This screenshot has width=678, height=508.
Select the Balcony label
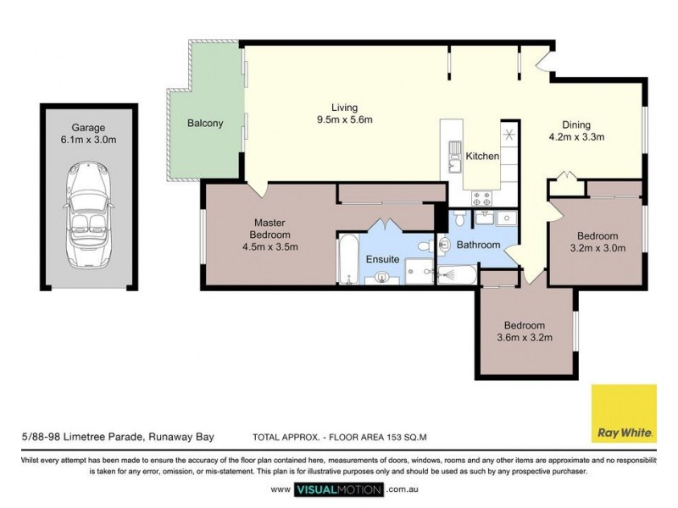205,124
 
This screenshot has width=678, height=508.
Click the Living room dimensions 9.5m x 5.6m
344,119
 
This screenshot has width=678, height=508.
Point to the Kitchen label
482,157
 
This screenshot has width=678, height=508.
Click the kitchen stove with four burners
482,199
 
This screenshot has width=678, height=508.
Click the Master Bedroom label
270,229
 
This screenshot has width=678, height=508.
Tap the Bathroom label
479,246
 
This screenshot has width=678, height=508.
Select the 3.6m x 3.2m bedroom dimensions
524,338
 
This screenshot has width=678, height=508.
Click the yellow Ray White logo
624,414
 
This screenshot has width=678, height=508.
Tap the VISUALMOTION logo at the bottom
339,489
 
